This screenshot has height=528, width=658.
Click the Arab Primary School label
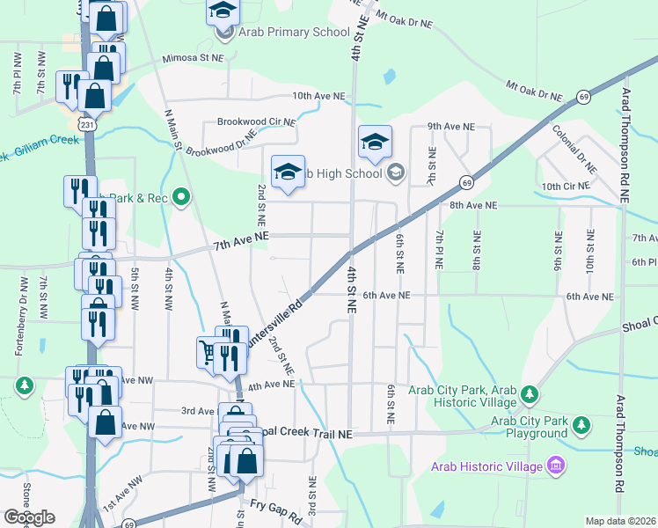coord(282,33)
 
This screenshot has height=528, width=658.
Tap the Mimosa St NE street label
coord(194,58)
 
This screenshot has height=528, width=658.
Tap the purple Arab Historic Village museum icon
coord(555,464)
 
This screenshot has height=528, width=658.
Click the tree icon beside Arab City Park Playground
coord(581,427)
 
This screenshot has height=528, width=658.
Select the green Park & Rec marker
coord(182,197)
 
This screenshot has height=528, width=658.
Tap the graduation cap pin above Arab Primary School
coord(223,11)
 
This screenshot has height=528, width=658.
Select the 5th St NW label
coord(135,285)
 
